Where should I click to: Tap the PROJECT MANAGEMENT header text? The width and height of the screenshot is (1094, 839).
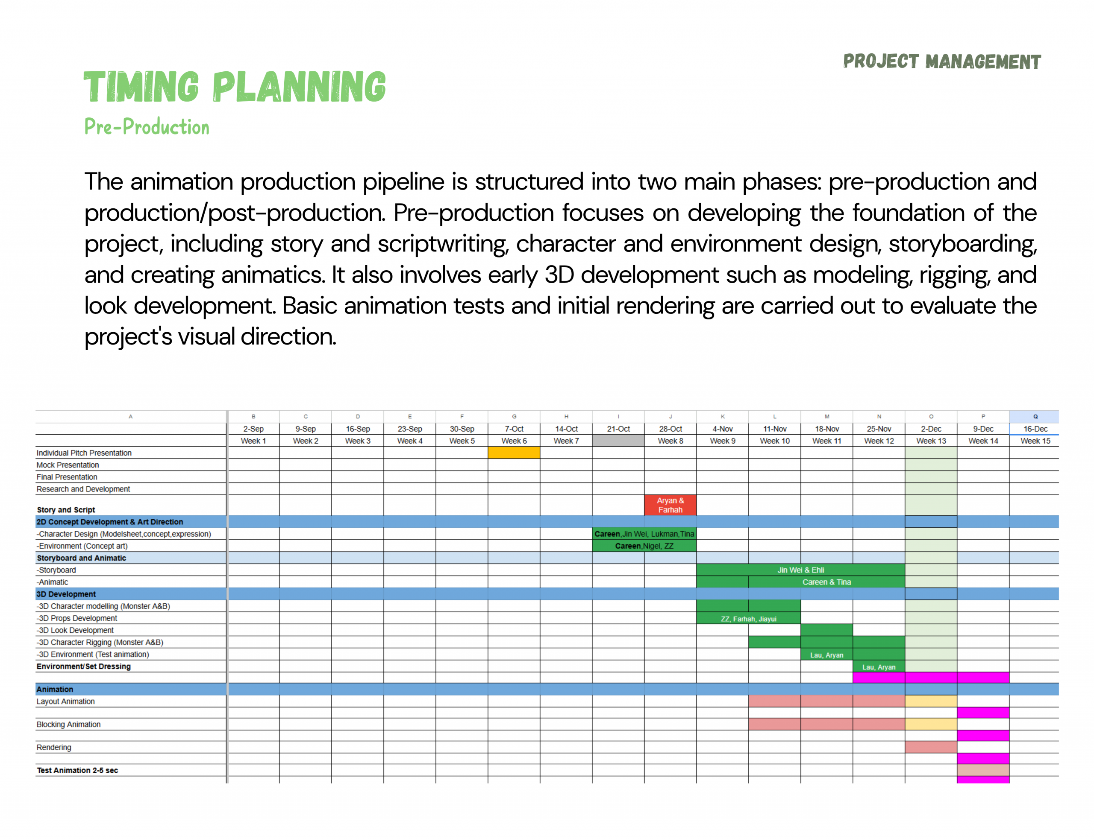(x=941, y=61)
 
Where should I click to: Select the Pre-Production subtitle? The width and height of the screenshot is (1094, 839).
(x=147, y=126)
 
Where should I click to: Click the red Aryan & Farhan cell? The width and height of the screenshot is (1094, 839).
(x=670, y=505)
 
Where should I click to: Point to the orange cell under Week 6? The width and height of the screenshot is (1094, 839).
(x=514, y=453)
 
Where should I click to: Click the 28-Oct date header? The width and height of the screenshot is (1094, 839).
(x=670, y=429)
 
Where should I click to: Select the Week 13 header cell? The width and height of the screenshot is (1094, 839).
(x=931, y=441)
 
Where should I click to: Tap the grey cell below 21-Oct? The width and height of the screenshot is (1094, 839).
(x=618, y=441)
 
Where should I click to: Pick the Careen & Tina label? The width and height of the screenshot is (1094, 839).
(x=826, y=582)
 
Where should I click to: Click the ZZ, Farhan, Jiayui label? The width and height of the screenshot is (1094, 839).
(x=749, y=619)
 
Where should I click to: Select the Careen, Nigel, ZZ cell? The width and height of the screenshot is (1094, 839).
(x=644, y=546)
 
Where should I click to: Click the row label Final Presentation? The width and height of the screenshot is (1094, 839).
(x=67, y=477)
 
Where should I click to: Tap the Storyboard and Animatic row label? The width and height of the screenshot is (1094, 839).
(x=82, y=558)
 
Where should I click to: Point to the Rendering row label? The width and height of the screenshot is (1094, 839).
(x=54, y=747)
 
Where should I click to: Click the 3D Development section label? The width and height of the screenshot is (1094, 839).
(x=66, y=594)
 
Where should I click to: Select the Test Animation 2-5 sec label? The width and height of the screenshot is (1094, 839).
(x=77, y=770)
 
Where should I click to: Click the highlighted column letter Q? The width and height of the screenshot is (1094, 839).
(x=1035, y=416)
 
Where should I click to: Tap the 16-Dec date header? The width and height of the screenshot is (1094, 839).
(x=1035, y=429)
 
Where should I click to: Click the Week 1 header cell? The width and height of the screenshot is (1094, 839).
(x=253, y=441)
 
